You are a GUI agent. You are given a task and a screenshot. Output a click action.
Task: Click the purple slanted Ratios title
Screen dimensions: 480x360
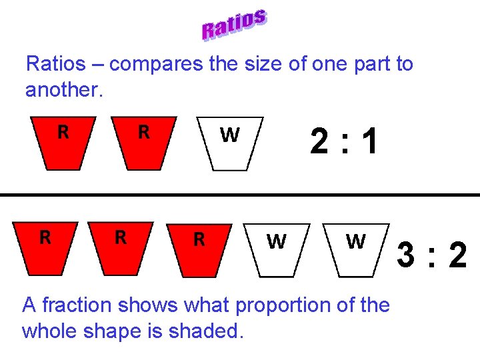click(235, 25)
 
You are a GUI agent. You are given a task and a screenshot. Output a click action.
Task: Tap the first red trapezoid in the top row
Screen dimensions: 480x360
click(63, 143)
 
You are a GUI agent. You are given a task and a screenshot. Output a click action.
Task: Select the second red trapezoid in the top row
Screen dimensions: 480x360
click(143, 143)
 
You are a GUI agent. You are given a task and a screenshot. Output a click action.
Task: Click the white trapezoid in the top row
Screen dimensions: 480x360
click(230, 144)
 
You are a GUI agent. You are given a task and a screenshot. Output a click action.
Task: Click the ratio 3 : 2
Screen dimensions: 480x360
click(432, 255)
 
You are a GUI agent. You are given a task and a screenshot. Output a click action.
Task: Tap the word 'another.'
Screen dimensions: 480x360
click(64, 89)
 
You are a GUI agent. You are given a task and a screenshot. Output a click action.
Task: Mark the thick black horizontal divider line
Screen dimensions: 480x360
click(240, 195)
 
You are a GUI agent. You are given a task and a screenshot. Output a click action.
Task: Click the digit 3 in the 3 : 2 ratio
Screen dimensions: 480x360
click(407, 255)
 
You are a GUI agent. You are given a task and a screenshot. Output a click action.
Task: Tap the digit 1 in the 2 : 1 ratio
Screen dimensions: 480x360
click(370, 142)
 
